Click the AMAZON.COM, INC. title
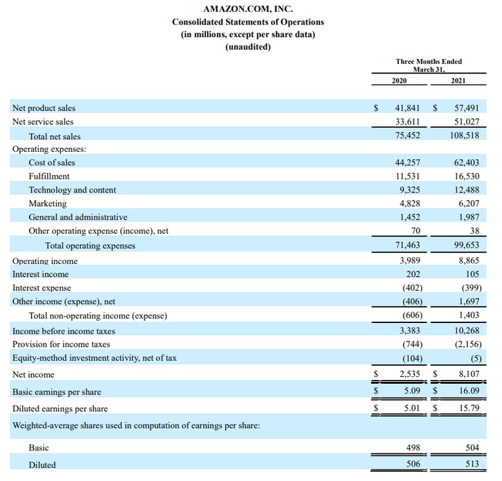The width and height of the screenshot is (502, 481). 248,9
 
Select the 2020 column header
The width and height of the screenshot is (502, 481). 399,81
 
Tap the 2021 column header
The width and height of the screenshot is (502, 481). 458,81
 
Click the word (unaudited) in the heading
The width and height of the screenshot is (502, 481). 248,46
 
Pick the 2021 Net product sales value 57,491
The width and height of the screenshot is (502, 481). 466,108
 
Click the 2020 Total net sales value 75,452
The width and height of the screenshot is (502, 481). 408,135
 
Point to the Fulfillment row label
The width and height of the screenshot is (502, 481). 49,176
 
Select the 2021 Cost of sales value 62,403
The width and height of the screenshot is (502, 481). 466,162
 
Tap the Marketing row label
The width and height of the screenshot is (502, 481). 48,204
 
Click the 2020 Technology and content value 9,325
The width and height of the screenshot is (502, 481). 410,190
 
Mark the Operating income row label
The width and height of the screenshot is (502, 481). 45,261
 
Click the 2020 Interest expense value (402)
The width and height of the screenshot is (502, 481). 410,288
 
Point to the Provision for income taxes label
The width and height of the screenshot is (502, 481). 61,344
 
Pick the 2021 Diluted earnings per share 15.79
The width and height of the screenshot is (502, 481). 469,408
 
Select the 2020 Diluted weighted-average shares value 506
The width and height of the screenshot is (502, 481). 413,464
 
